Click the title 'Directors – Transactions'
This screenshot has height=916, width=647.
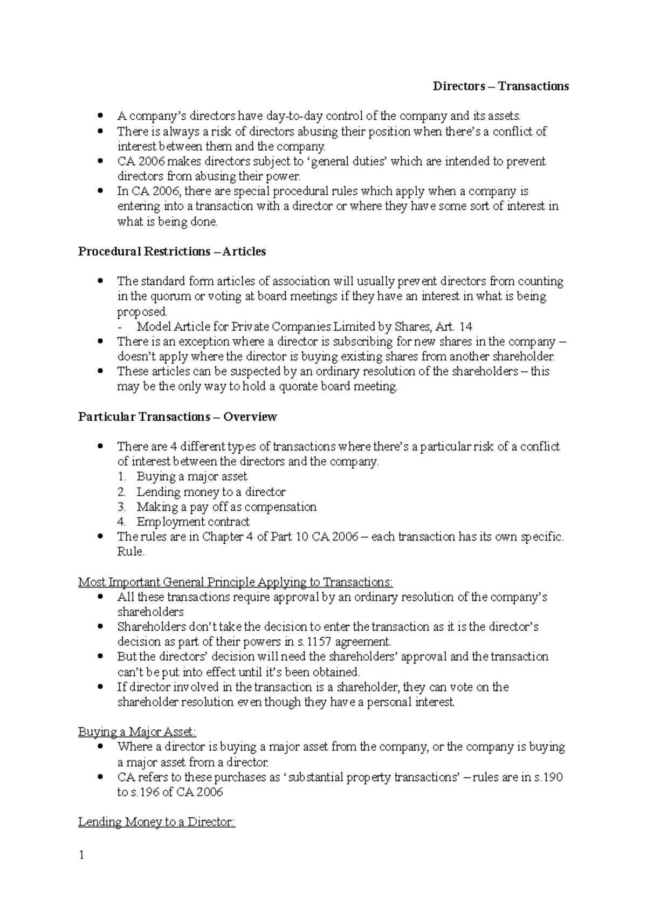pos(501,86)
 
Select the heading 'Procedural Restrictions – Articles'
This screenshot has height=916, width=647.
pos(172,251)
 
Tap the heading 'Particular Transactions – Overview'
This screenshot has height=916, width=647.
pos(177,416)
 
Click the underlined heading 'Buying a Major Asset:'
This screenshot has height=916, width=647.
pos(137,732)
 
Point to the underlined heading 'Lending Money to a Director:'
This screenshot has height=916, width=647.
pos(157,822)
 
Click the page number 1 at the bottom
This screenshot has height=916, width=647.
pos(81,855)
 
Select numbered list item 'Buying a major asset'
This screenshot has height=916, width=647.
pos(192,476)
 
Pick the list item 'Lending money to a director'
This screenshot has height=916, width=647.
pos(211,491)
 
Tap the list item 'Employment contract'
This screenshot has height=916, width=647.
pos(193,522)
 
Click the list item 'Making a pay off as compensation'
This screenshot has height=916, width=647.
pos(226,507)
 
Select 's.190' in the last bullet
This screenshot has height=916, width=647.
pos(549,777)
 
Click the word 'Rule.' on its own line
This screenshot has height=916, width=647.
pos(131,552)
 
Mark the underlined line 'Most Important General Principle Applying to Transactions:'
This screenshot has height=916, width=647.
pos(236,582)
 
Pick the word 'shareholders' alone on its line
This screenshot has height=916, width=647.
pos(150,612)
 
